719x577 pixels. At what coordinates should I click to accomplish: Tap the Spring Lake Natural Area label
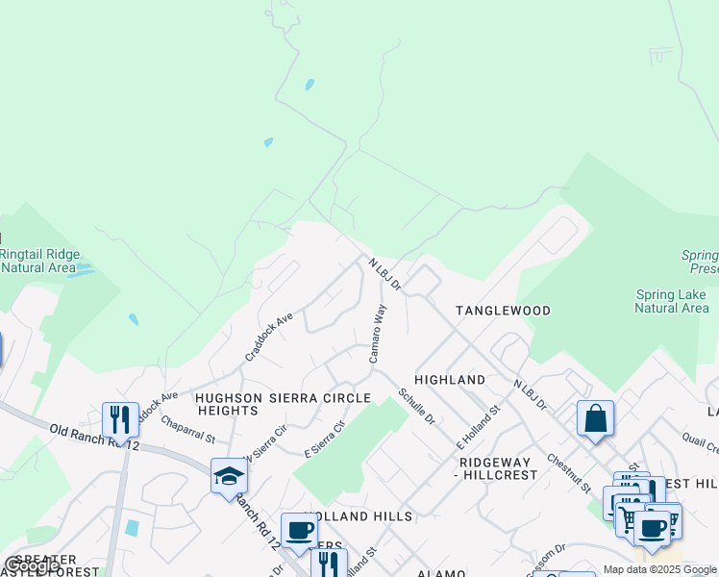[x=672, y=301]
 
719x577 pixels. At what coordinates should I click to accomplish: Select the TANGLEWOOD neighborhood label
[x=503, y=311]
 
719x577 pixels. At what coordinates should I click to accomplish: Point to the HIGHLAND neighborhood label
[x=450, y=380]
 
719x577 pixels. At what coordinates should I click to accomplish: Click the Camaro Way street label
[x=379, y=334]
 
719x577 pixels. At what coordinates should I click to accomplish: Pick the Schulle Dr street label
[x=418, y=407]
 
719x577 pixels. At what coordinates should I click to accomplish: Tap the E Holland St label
[x=479, y=428]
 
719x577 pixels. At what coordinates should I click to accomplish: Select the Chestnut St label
[x=568, y=474]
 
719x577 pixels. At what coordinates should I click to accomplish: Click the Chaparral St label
[x=188, y=430]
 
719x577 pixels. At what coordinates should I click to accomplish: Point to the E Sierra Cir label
[x=325, y=439]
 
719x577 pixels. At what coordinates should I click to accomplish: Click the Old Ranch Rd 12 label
[x=94, y=437]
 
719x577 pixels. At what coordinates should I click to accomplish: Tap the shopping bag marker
[x=595, y=418]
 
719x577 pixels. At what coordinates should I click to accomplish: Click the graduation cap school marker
[x=229, y=475]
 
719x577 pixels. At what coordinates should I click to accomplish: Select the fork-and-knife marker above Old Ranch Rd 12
[x=120, y=419]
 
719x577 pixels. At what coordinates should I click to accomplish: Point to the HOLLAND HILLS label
[x=358, y=516]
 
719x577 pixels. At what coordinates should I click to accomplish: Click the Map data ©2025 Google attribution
[x=659, y=569]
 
